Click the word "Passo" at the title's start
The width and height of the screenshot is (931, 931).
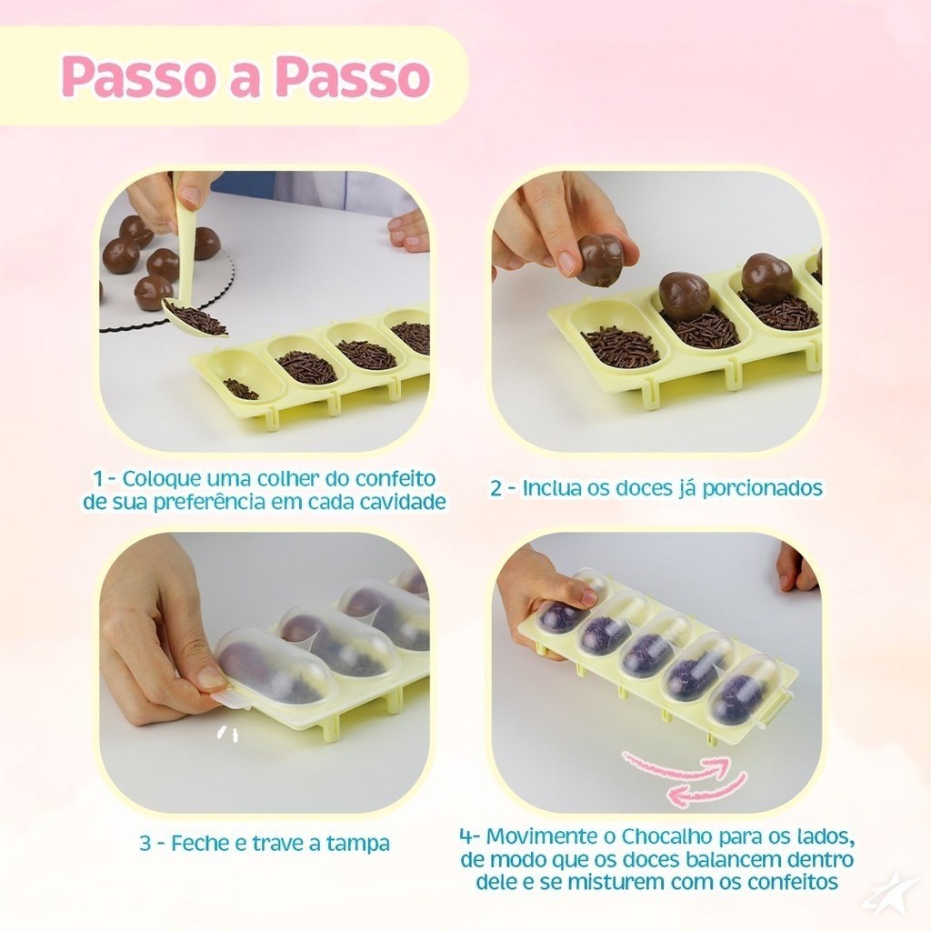click(x=137, y=76)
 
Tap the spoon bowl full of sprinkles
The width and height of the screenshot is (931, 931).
click(x=195, y=319)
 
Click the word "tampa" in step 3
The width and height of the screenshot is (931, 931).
click(x=358, y=844)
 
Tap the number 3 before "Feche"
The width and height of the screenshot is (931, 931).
click(x=146, y=844)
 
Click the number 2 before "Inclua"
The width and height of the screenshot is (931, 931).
click(x=496, y=488)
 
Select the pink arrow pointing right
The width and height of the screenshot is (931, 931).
click(x=676, y=766)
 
